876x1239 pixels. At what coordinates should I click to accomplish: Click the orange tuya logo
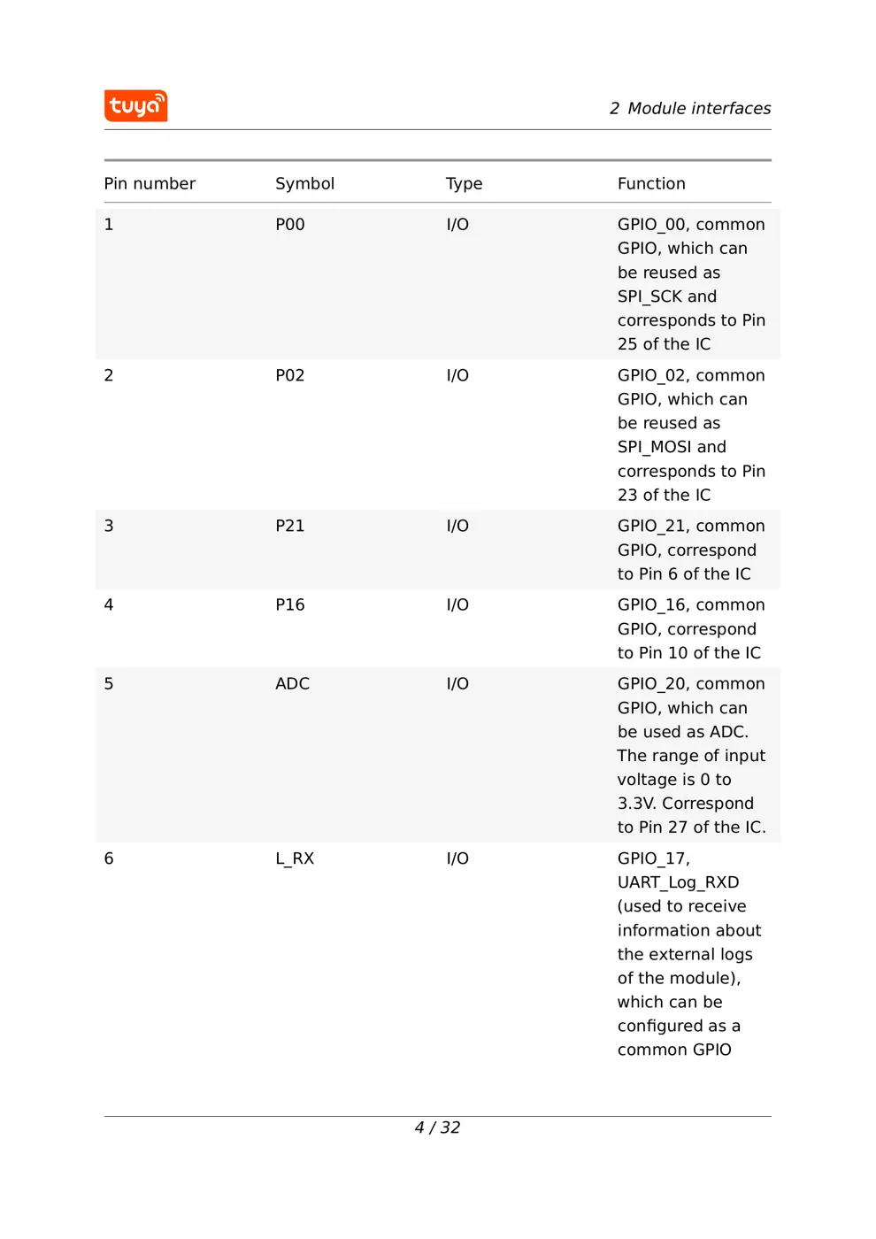point(135,106)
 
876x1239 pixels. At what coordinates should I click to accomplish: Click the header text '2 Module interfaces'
point(689,109)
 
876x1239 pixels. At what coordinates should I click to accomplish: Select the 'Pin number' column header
point(150,184)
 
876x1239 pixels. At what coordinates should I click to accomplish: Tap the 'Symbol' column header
point(304,184)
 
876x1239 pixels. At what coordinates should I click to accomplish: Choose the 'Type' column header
point(464,184)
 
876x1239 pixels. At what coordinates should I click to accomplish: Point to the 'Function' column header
point(651,184)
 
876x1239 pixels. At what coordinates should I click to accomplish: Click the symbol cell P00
point(289,225)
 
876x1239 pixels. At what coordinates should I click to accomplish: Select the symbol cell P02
point(289,375)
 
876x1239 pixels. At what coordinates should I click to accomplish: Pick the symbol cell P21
point(289,526)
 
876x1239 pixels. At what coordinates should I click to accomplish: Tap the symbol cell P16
point(289,605)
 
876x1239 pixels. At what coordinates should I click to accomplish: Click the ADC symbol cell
point(292,684)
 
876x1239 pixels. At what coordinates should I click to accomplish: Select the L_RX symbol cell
point(295,858)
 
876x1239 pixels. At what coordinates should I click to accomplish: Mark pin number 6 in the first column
point(109,858)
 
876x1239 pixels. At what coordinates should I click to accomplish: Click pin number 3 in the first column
point(109,526)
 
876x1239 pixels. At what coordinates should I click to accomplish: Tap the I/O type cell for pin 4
point(457,605)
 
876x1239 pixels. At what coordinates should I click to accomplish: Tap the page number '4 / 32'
point(437,1127)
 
